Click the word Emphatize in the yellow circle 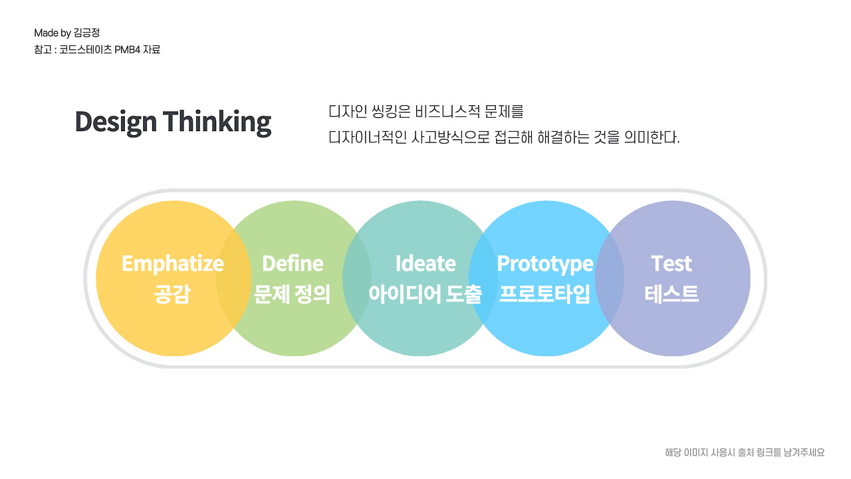pos(173,264)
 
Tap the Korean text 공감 pos(172,294)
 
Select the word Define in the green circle pos(293,263)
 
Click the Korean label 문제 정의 pos(292,294)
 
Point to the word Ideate pos(425,263)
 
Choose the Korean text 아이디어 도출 pos(425,294)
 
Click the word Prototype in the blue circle pos(545,264)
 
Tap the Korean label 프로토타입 pos(545,294)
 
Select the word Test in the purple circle pos(671,263)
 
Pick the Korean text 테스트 pos(671,294)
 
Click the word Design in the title pos(116,122)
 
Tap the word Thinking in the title pos(217,122)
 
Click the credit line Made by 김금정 pos(67,33)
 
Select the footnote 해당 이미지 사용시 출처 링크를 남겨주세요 pos(745,452)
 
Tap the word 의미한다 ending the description pos(652,137)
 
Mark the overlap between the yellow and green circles pos(233,278)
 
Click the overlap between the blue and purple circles pos(610,278)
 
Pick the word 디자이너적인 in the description pos(368,137)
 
